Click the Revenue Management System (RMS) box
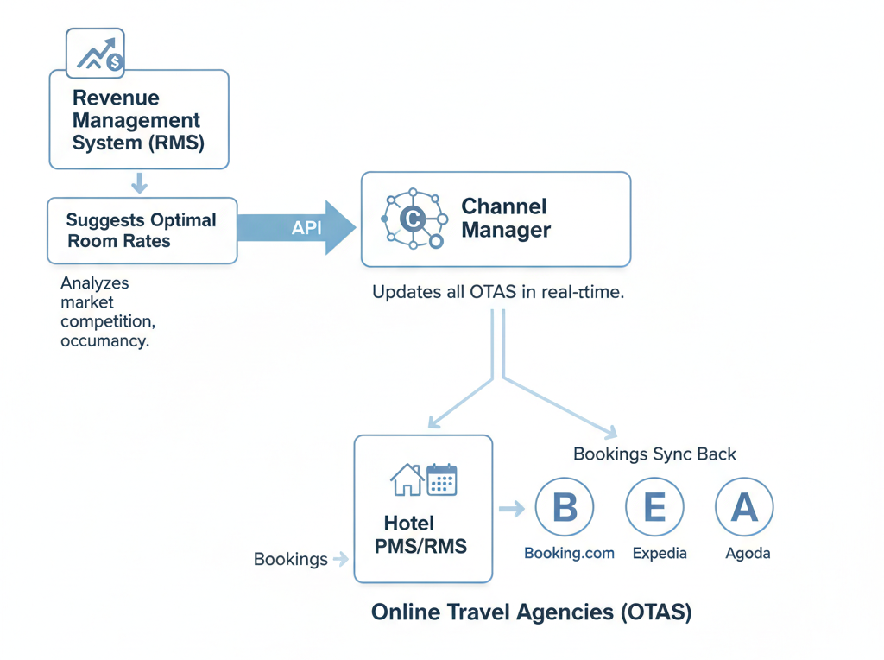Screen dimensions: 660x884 tap(139, 119)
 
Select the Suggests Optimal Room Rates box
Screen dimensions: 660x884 tap(142, 231)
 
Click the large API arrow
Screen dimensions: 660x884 tap(297, 228)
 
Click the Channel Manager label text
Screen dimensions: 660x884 tap(505, 219)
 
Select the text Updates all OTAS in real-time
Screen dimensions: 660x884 tap(498, 292)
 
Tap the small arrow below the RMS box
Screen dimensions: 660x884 tap(139, 183)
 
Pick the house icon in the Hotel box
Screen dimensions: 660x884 tap(407, 480)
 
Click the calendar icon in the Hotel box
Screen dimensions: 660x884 tap(441, 479)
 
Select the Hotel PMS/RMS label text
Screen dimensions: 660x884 tap(421, 535)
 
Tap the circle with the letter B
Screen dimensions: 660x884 tap(565, 508)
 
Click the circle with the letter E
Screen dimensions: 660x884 tap(655, 508)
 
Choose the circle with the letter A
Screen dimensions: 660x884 tap(744, 508)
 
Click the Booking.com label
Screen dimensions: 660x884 tap(570, 553)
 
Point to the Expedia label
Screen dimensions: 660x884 tap(660, 553)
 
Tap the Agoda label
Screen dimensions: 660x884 tap(748, 553)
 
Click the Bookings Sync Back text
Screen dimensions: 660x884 tap(655, 454)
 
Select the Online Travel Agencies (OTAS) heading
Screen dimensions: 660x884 tap(532, 612)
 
